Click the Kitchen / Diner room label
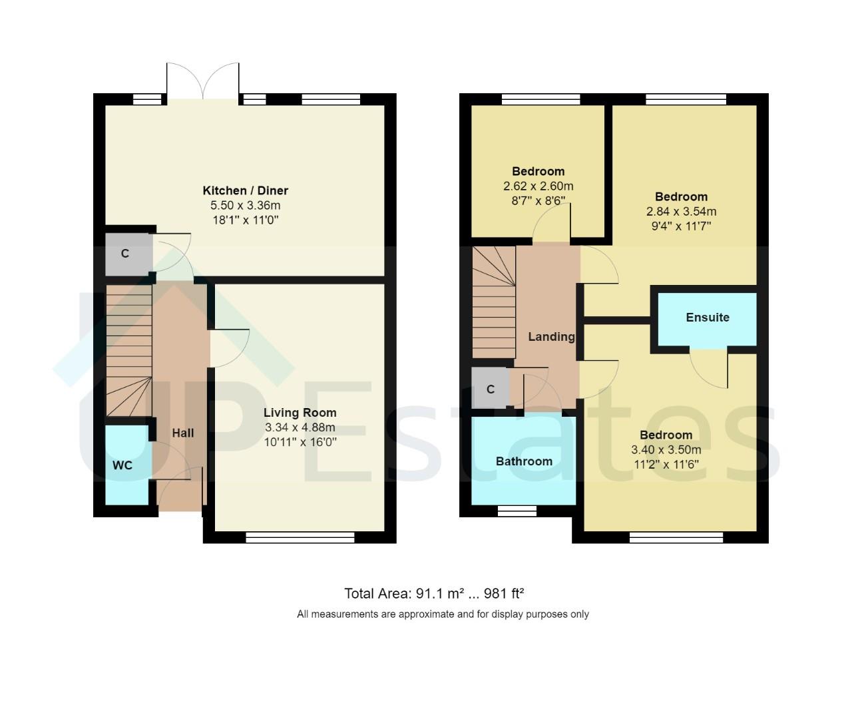tap(245, 190)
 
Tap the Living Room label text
tap(300, 412)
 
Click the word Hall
tap(183, 433)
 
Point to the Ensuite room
tap(707, 318)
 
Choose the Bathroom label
tap(524, 461)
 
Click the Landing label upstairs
tap(550, 336)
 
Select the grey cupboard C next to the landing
tap(490, 389)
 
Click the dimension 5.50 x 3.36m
tap(245, 206)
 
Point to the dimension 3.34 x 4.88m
tap(300, 427)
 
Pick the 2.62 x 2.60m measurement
tap(538, 186)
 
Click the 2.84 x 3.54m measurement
tap(681, 212)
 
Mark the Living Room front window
tap(300, 537)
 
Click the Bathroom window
tap(517, 511)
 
